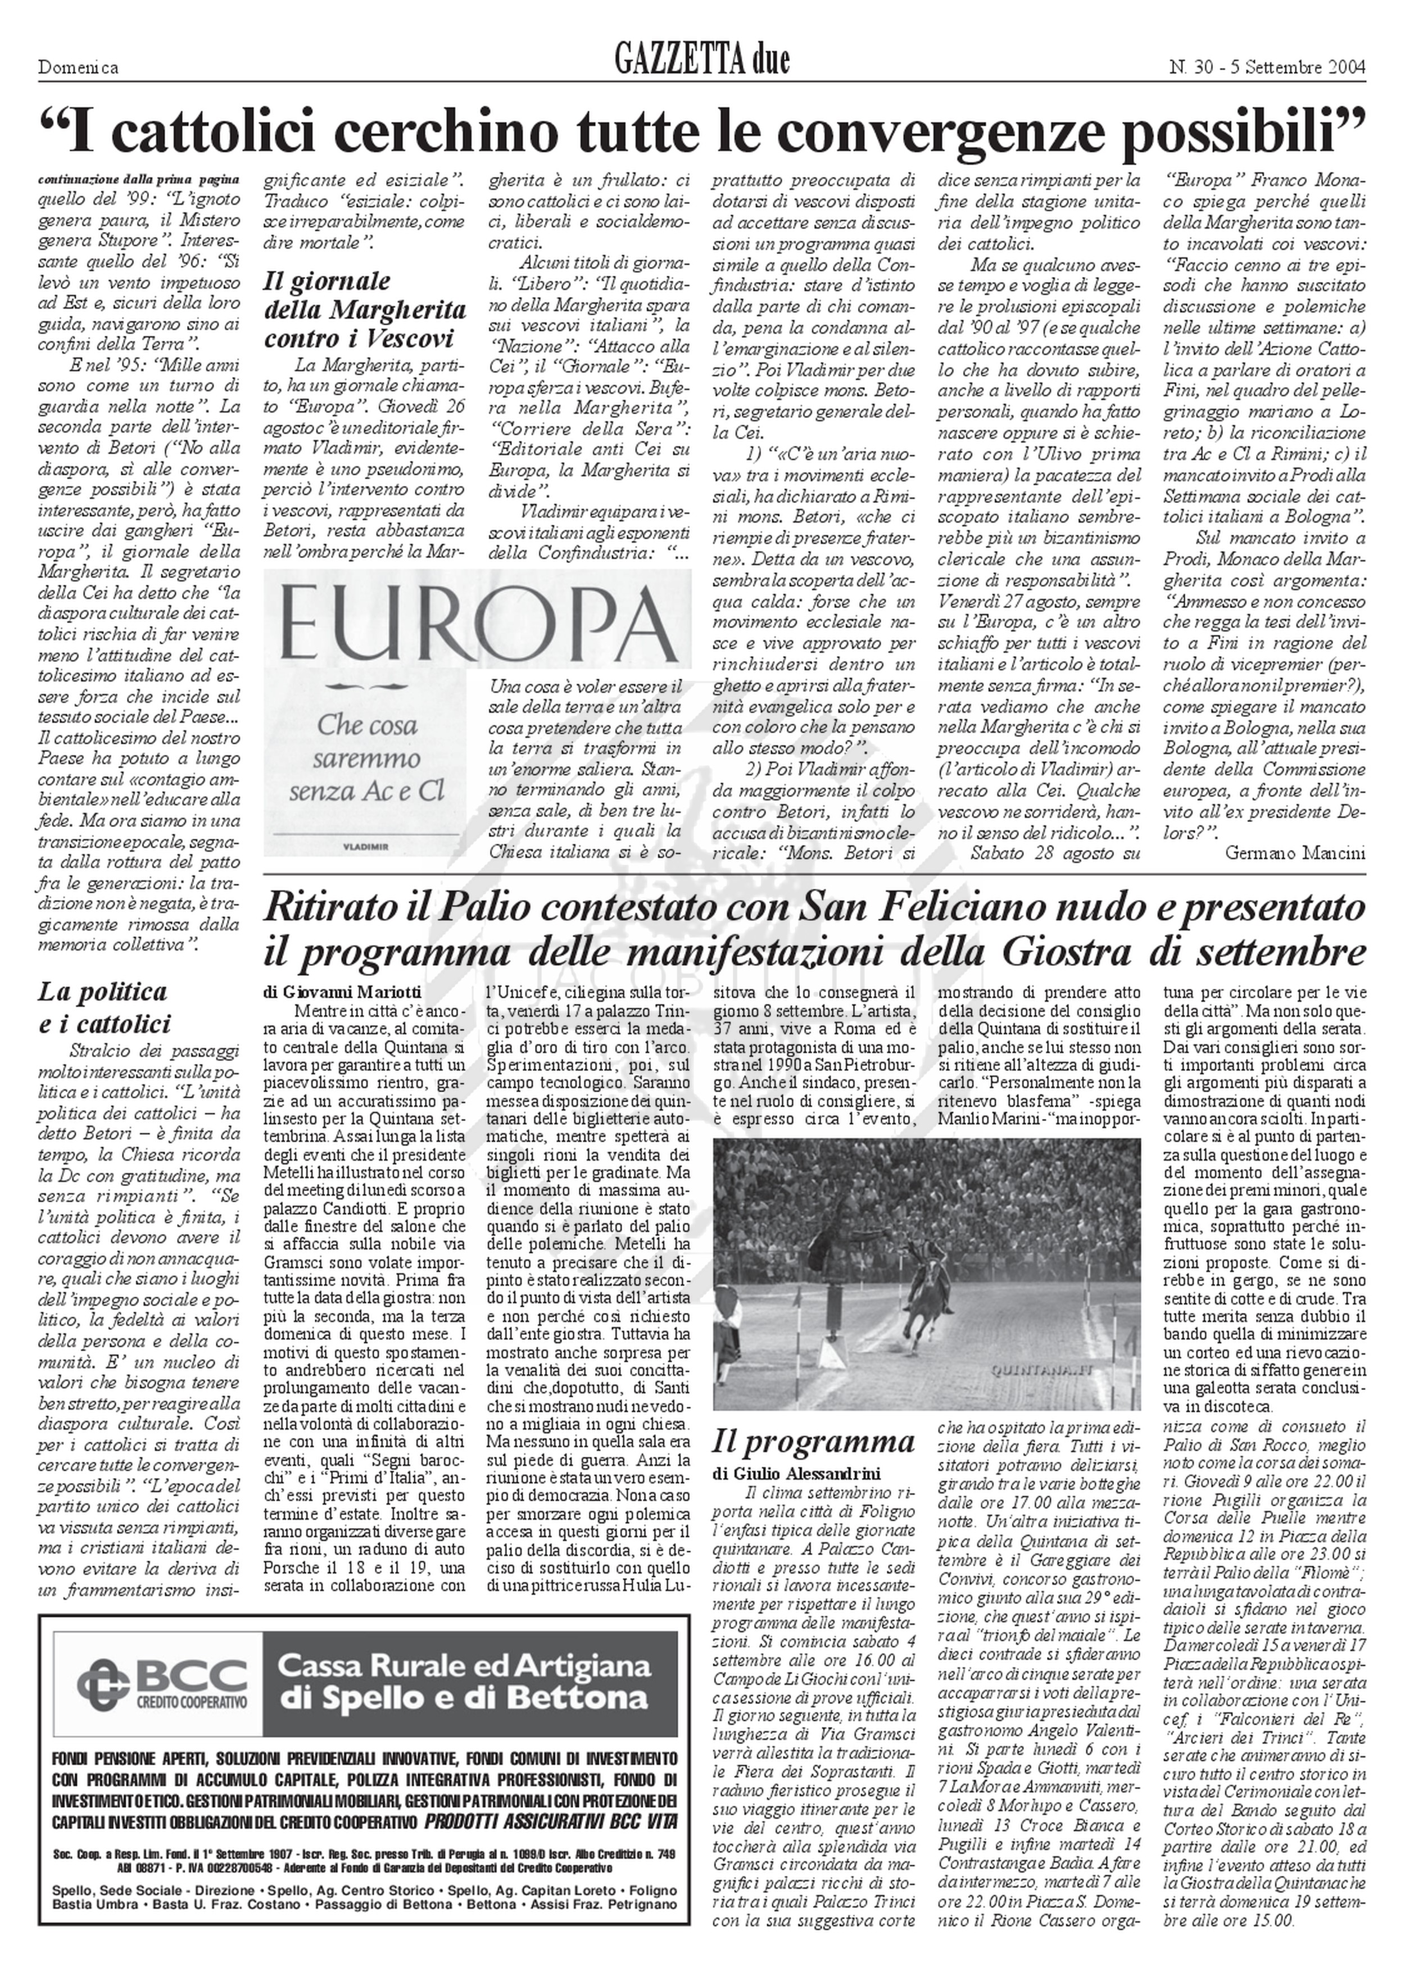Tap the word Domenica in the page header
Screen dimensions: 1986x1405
pos(78,67)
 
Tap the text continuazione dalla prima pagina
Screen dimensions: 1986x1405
pos(138,180)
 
